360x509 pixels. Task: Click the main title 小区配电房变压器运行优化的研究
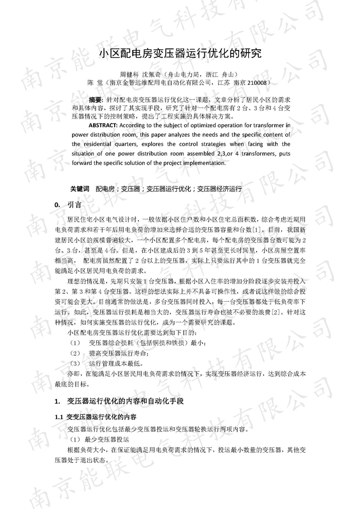(x=179, y=53)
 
